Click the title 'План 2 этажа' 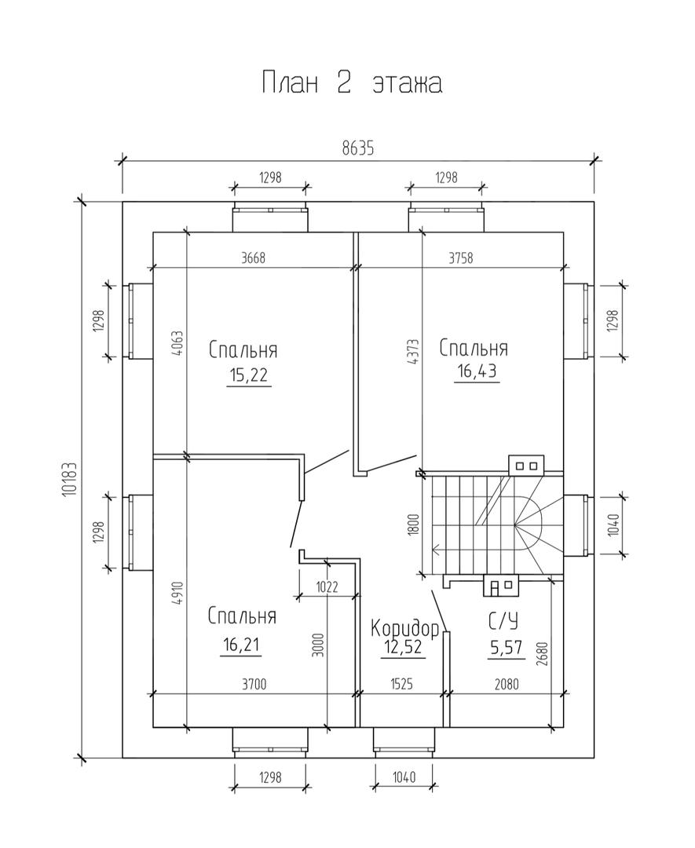coord(352,82)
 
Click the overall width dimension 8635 coord(357,148)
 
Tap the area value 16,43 coord(477,371)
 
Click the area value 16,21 coord(240,645)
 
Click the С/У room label coord(503,621)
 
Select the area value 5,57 coord(507,647)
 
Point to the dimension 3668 coord(253,258)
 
